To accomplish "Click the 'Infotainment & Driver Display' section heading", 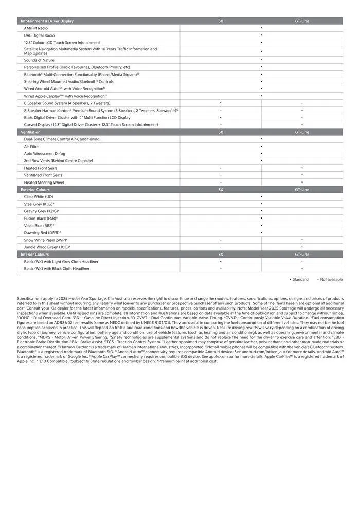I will point(47,21).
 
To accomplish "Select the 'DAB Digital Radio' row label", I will point(39,35).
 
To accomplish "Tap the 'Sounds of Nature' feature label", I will point(39,60).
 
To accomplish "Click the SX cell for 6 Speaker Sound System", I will point(221,103).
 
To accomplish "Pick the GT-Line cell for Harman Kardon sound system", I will point(302,110).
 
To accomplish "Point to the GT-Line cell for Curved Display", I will point(302,124).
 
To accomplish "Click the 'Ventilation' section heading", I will point(30,132).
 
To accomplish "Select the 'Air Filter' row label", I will point(31,147).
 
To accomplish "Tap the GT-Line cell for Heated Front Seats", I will point(302,168).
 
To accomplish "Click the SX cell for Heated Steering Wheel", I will point(221,183).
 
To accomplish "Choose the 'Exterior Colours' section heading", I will point(35,190).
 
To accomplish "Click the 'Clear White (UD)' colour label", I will point(39,197).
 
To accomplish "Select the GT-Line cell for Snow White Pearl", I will point(302,240).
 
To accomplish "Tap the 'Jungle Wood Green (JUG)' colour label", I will point(47,247).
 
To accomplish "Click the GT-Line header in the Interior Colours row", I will point(302,254).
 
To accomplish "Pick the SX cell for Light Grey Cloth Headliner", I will point(221,262).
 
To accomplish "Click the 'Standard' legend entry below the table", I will point(299,279).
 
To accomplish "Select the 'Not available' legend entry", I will point(330,279).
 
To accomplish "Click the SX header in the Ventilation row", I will point(221,132).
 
